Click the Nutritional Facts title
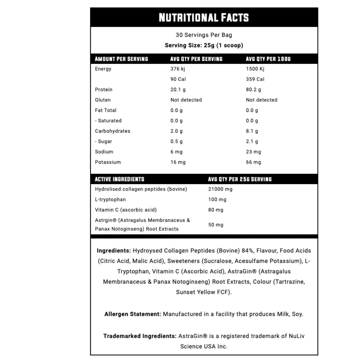[x=204, y=18]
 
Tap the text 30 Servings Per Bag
[x=204, y=35]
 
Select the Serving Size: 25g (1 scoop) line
[x=204, y=45]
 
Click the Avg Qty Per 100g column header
[x=268, y=59]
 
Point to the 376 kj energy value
[x=178, y=69]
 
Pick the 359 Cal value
[x=255, y=79]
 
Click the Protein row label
[x=103, y=89]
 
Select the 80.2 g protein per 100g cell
[x=253, y=89]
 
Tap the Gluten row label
[x=103, y=100]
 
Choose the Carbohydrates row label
[x=112, y=131]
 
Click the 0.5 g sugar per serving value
[x=176, y=141]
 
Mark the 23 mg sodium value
[x=253, y=152]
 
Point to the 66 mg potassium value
[x=253, y=162]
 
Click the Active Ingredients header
[x=119, y=179]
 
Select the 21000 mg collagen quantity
[x=220, y=189]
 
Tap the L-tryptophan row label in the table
[x=110, y=199]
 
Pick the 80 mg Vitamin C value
[x=216, y=210]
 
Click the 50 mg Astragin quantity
[x=216, y=225]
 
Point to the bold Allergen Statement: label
[x=133, y=314]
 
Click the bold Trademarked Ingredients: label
[x=140, y=336]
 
